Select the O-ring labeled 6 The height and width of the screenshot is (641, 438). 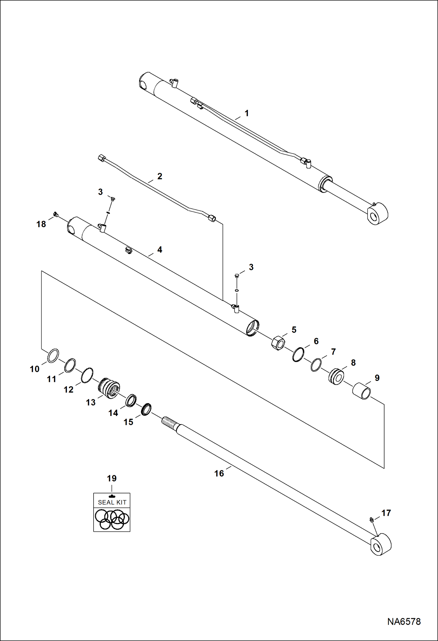298,355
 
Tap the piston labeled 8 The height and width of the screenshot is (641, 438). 336,377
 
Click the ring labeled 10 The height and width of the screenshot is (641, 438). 53,356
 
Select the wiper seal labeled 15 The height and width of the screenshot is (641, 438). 146,409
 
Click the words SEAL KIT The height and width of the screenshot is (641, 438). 112,502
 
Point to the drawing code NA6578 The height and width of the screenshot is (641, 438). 404,621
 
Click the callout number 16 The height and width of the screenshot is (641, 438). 219,473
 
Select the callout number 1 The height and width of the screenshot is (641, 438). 246,113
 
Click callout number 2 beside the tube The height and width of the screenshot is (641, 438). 160,176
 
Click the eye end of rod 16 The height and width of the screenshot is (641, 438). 380,545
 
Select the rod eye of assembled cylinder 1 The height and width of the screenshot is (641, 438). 377,214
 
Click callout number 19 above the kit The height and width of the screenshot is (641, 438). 112,478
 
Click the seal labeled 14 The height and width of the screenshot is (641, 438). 131,400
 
